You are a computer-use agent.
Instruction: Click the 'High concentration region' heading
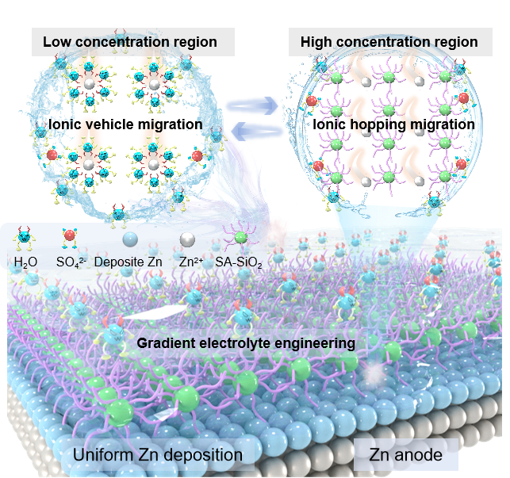point(389,41)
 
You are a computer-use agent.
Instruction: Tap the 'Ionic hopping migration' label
point(393,124)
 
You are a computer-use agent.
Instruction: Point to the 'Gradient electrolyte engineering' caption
point(246,343)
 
